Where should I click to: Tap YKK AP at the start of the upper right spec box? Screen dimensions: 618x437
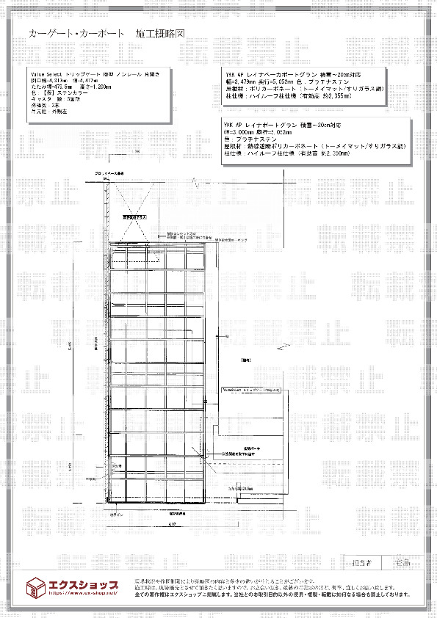[234, 75]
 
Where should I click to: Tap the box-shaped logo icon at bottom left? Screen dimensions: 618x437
[35, 588]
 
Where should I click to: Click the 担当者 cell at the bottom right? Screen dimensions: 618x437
[362, 564]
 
